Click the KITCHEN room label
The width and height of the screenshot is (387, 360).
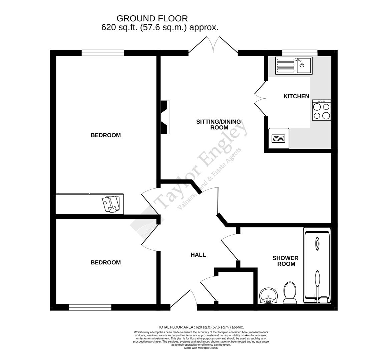point(296,96)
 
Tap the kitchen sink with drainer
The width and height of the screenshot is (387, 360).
point(293,65)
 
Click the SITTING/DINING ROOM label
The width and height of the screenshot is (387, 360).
point(219,124)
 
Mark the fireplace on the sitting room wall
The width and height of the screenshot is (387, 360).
point(165,117)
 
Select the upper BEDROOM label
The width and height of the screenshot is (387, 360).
point(105,135)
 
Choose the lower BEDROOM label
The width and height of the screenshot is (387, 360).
point(105,262)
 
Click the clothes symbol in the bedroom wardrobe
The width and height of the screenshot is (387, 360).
point(111,204)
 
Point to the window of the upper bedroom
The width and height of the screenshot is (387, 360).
point(102,53)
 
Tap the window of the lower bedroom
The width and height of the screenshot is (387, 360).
point(90,307)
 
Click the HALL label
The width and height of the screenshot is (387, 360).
point(198,255)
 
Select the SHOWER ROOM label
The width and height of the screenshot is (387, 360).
point(285,261)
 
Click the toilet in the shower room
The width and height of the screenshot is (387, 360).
point(290,293)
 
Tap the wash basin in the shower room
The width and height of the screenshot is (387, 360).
point(268,296)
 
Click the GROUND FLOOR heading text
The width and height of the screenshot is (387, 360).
point(152,18)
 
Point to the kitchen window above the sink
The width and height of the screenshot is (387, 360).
point(300,53)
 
